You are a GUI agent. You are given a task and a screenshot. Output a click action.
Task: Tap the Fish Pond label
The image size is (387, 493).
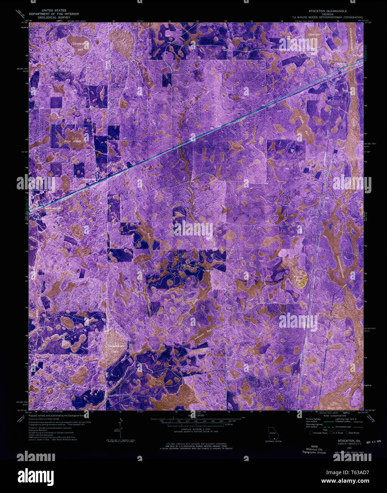(x=73, y=141)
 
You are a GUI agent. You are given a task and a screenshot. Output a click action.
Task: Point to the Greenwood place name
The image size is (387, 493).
(x=90, y=179)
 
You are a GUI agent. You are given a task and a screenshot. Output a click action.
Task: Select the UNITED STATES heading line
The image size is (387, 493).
(x=54, y=11)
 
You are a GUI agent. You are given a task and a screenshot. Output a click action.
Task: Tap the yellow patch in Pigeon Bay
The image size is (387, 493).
(x=303, y=282)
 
